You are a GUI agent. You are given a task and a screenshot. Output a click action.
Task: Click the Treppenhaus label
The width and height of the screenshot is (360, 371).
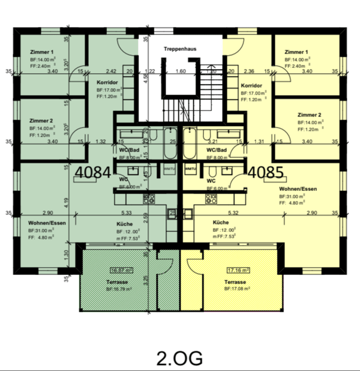[181, 48]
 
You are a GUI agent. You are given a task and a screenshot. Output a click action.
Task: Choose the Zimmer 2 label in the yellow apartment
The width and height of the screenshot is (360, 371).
[310, 114]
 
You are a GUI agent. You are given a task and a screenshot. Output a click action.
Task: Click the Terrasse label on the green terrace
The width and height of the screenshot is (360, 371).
[117, 280]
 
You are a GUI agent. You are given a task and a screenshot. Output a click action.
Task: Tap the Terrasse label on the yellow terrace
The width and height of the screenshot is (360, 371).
[235, 281]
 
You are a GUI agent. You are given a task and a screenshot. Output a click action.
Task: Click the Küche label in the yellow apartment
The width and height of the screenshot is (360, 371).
[220, 222]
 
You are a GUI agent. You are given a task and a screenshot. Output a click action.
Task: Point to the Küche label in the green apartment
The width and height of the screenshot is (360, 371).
[125, 223]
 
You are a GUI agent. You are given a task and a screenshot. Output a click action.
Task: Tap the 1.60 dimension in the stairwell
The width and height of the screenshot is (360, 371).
[181, 71]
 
